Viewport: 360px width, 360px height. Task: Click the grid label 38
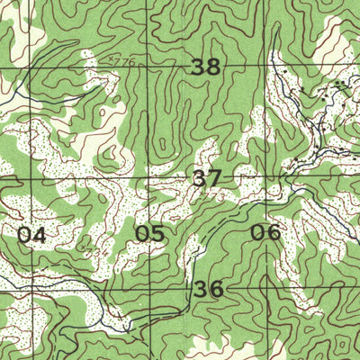click(x=206, y=67)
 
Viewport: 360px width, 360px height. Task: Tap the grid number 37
click(x=206, y=177)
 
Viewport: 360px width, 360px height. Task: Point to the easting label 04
click(x=31, y=235)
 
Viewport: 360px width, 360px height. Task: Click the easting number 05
click(x=149, y=234)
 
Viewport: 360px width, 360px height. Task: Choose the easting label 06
click(x=265, y=233)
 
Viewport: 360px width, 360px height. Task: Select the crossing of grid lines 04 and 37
click(x=10, y=181)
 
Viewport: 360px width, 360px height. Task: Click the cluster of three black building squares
click(x=339, y=84)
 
